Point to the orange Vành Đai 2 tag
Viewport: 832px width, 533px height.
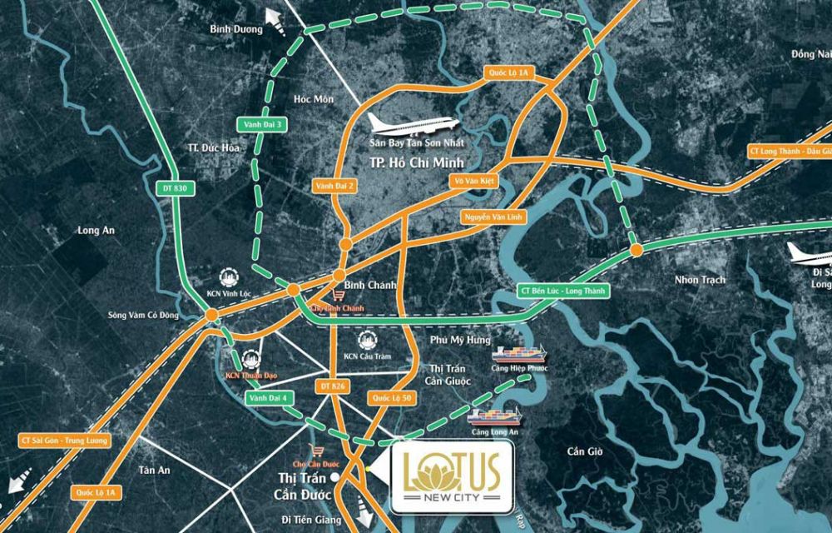335,187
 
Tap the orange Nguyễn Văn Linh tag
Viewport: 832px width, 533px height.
490,217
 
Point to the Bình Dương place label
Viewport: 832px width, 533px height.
236,29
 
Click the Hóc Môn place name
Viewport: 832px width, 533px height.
314,99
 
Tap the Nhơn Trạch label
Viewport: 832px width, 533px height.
701,280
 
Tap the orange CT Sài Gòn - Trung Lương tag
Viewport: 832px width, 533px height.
62,441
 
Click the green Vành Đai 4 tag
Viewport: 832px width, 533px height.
267,399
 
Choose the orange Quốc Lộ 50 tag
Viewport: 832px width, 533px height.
392,399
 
